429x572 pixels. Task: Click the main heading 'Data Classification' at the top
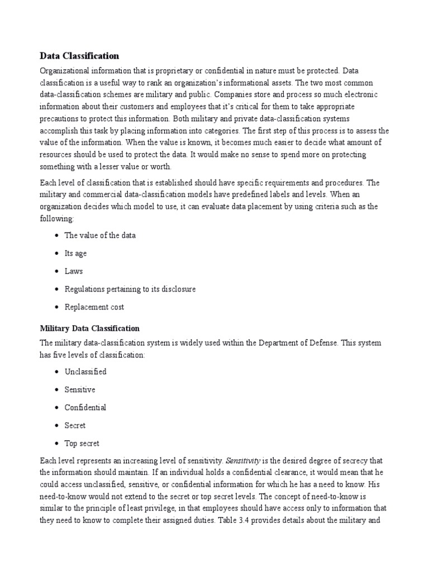79,56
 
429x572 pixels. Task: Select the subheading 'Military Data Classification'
89,328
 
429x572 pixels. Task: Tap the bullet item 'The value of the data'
100,235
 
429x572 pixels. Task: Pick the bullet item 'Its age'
75,253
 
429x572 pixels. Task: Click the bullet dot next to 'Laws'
57,271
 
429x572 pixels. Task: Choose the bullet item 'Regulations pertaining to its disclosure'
130,289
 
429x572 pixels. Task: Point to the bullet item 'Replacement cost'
94,307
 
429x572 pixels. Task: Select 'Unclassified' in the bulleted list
85,371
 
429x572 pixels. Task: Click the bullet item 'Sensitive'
80,389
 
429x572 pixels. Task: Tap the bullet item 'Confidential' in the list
85,407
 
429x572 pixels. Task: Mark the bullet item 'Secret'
75,425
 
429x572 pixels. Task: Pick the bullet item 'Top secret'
82,443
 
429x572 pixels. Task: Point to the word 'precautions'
61,118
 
